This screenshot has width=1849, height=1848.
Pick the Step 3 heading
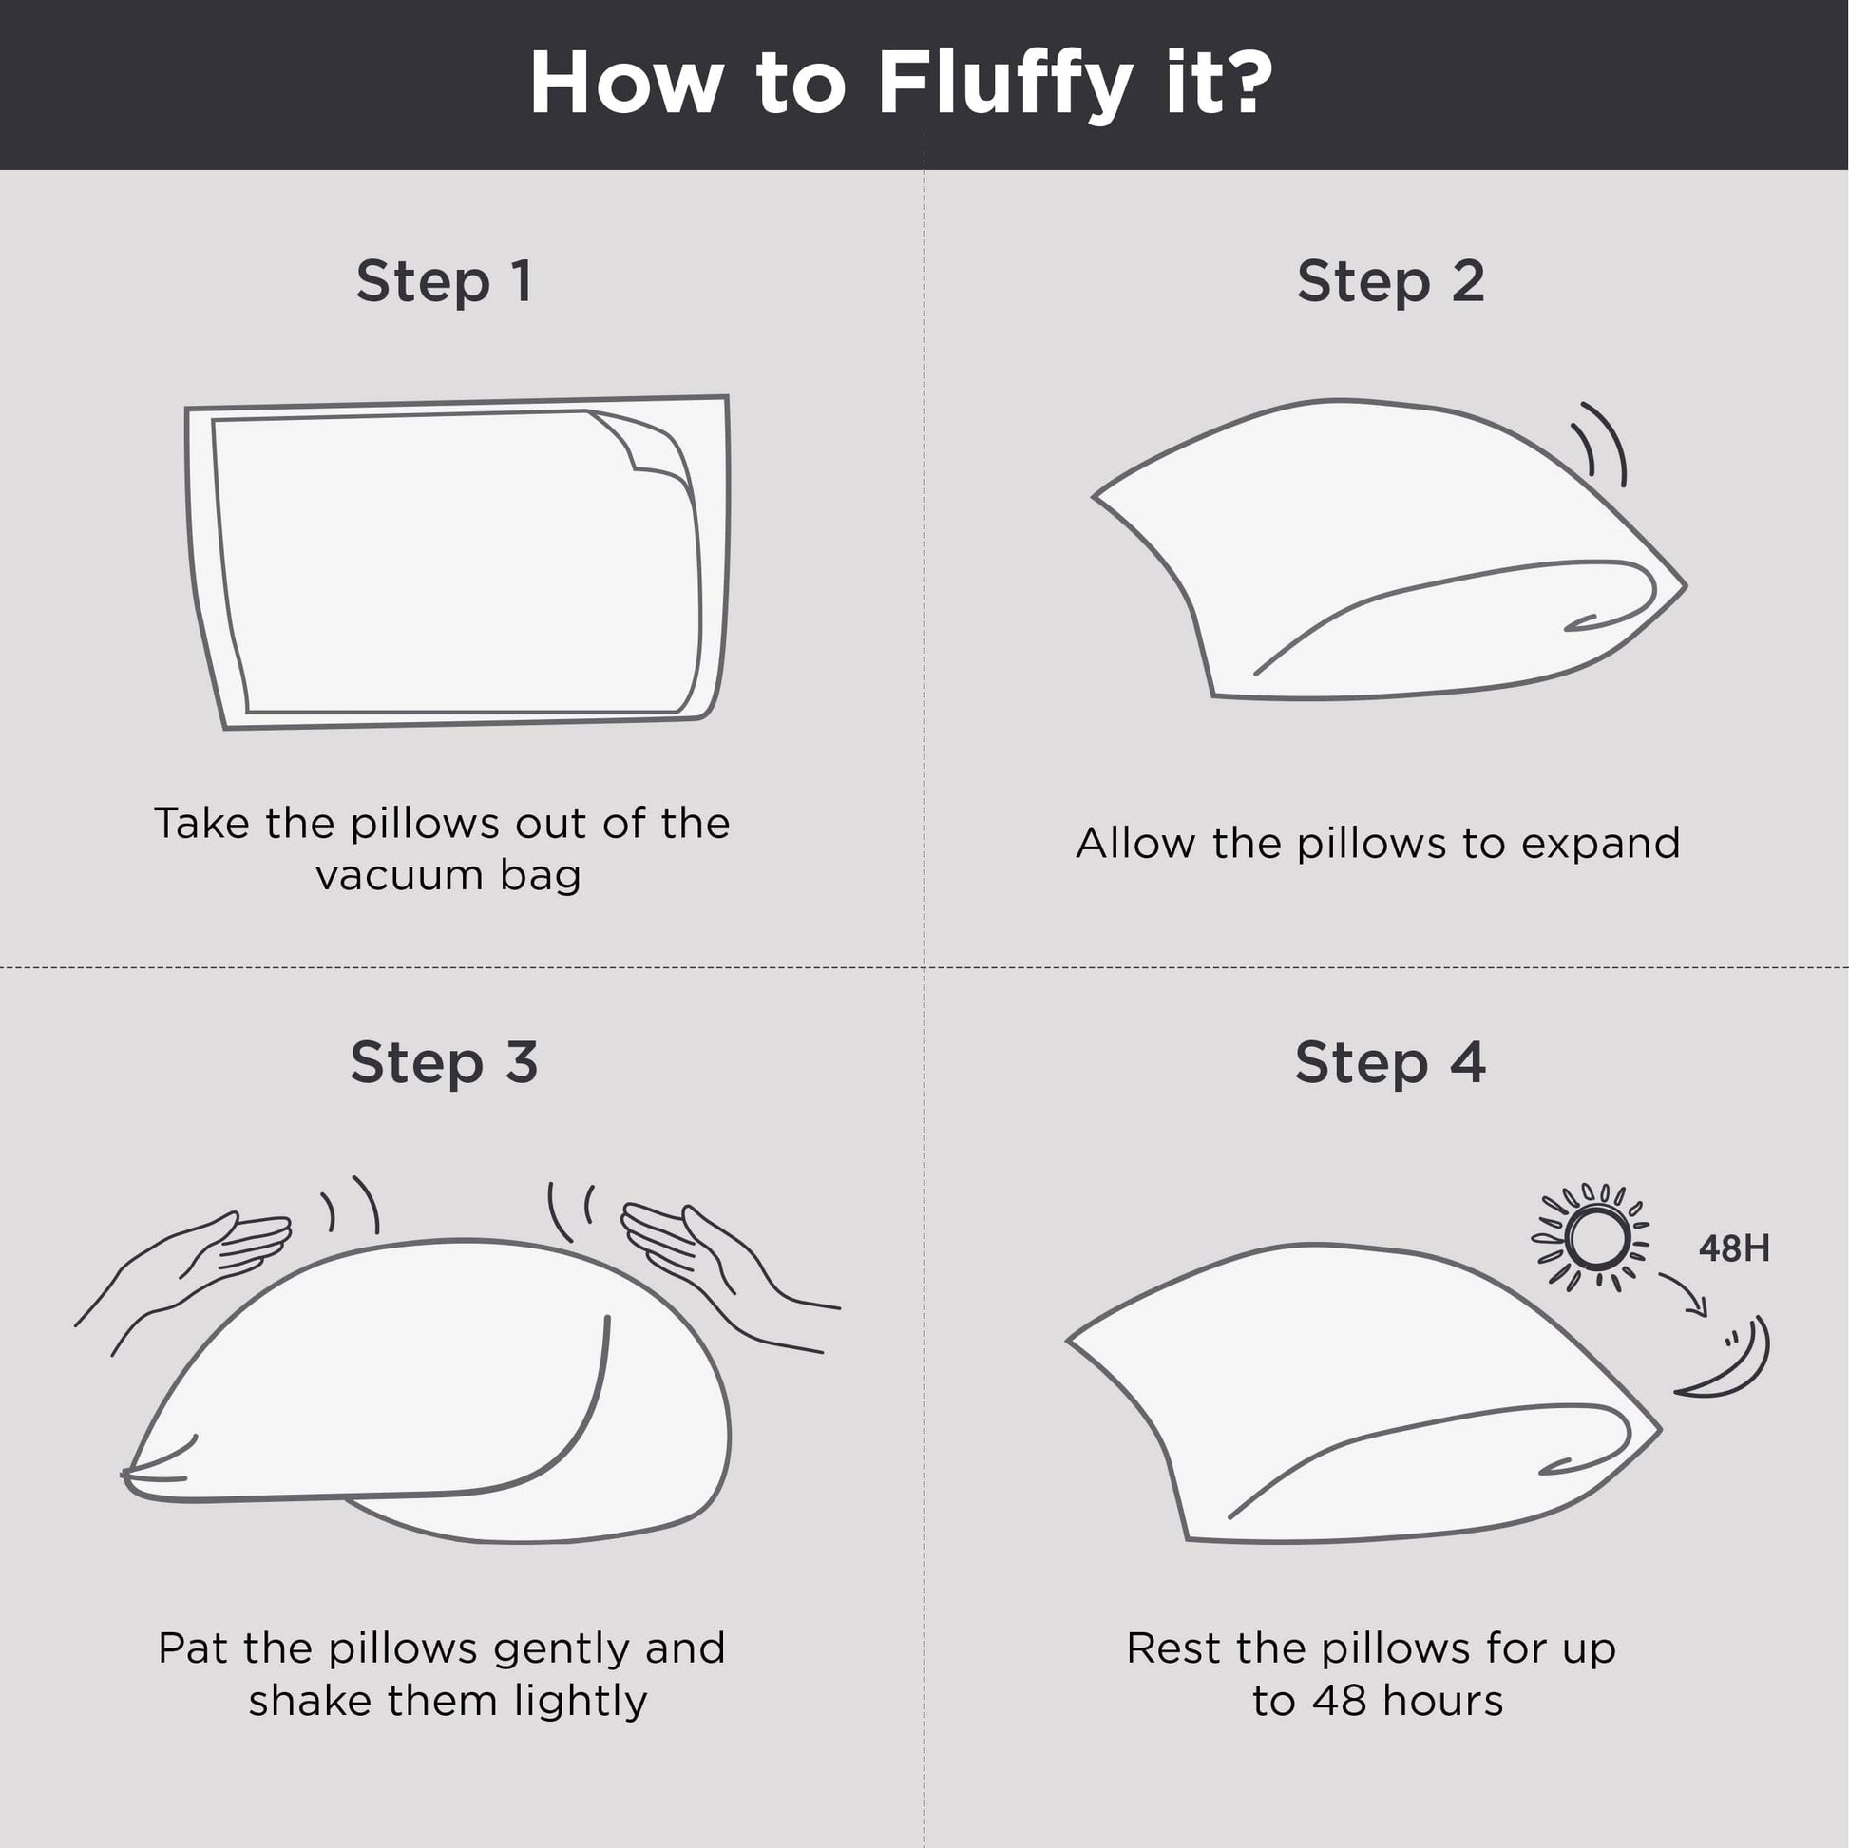[444, 1064]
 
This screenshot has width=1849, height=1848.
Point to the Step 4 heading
[1391, 1064]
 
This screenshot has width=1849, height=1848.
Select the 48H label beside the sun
[1734, 1248]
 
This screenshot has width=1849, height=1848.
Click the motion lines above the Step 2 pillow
[1598, 442]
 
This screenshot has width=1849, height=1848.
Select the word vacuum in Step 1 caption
[400, 876]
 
